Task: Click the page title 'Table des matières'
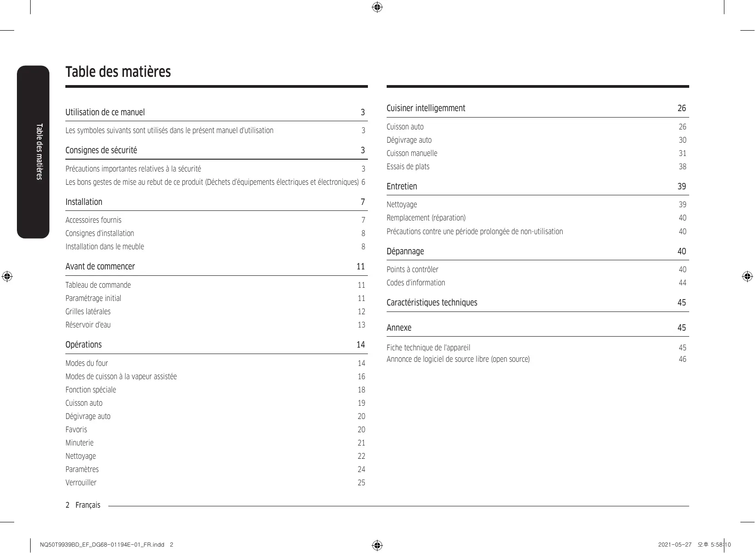[118, 72]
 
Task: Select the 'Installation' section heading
[84, 202]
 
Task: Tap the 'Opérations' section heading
[83, 344]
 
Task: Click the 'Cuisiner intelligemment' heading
[425, 108]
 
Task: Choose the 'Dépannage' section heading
[405, 251]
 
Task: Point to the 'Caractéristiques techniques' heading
[431, 302]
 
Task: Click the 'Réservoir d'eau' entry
[88, 325]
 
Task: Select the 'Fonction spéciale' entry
[90, 390]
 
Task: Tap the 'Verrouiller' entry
[81, 483]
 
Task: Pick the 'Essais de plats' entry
[408, 166]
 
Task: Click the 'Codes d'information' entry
[415, 283]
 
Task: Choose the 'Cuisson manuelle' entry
[412, 153]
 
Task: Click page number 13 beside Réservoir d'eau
[361, 325]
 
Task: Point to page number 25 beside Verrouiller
[361, 483]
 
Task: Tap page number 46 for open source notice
[682, 359]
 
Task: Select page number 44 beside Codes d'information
[682, 283]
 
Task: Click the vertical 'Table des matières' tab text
[39, 151]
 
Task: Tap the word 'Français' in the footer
[88, 505]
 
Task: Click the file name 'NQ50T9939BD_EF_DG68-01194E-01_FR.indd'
[102, 545]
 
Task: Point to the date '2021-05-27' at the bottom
[675, 545]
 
